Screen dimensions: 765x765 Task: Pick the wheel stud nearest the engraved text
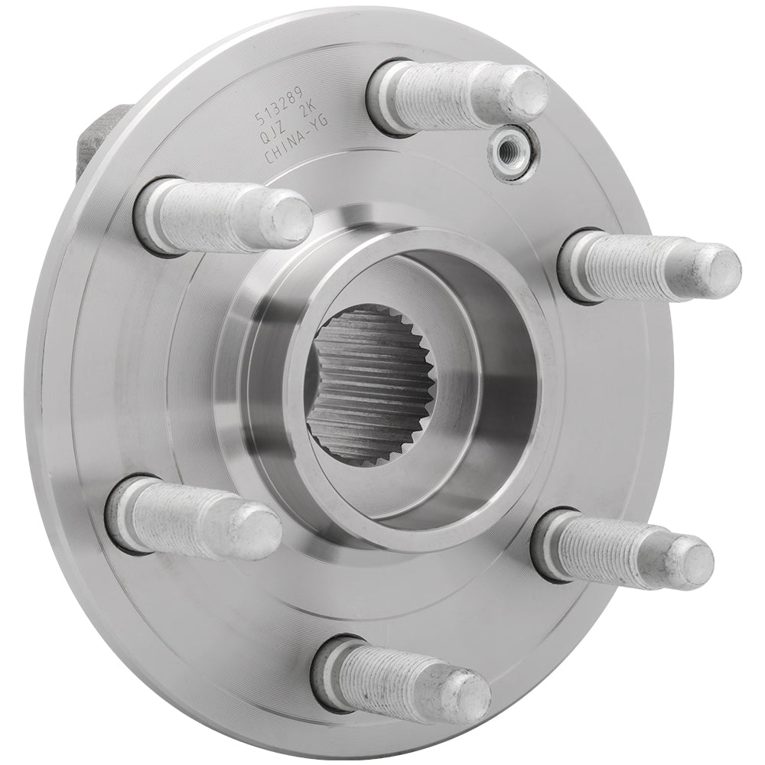point(222,215)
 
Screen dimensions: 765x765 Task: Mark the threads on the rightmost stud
point(643,268)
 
